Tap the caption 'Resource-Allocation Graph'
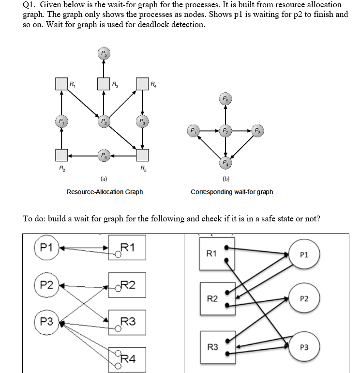coord(105,192)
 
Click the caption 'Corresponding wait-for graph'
coord(232,192)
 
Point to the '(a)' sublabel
coord(104,179)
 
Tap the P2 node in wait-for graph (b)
coord(225,131)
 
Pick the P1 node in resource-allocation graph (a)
coord(61,120)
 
